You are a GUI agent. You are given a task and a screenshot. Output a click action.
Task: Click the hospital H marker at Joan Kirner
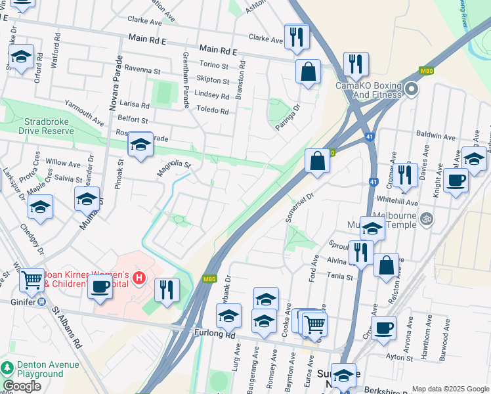click(139, 278)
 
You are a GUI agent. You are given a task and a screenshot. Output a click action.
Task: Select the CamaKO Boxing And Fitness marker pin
click(412, 88)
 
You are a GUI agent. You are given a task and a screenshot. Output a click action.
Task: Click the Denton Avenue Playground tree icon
click(7, 368)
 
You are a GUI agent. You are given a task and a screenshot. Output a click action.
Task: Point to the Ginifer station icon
click(41, 302)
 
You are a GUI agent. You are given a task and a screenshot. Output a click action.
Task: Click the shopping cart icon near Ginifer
click(31, 280)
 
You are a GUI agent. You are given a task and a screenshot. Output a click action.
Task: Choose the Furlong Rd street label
click(215, 334)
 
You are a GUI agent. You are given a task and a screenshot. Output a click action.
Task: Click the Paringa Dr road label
click(288, 116)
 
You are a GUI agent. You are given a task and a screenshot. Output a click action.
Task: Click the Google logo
click(22, 386)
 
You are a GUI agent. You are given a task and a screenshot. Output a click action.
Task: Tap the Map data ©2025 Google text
click(450, 389)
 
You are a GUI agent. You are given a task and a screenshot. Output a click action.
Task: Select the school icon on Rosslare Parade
click(140, 144)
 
